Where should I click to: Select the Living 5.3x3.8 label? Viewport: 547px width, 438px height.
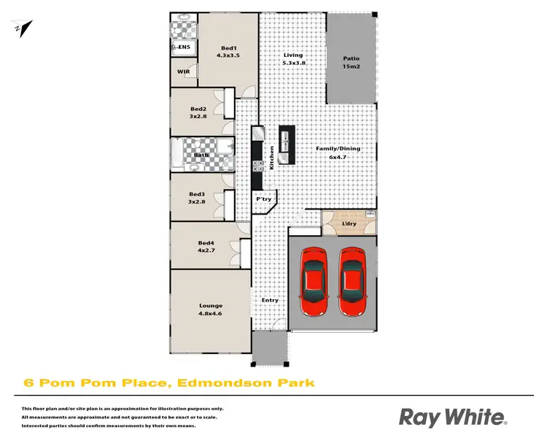point(293,59)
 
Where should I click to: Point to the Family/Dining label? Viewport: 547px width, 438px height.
point(338,153)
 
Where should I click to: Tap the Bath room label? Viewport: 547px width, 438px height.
point(201,155)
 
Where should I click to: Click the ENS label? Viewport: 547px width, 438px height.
point(184,47)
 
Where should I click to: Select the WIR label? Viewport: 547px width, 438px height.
point(183,72)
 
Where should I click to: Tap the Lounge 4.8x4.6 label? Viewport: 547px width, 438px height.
point(211,310)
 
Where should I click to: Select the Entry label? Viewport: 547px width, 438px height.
point(270,300)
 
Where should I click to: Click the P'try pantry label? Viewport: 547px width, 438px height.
point(263,199)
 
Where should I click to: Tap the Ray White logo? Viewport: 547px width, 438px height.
point(452,417)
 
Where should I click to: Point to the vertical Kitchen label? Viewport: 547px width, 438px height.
point(272,158)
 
